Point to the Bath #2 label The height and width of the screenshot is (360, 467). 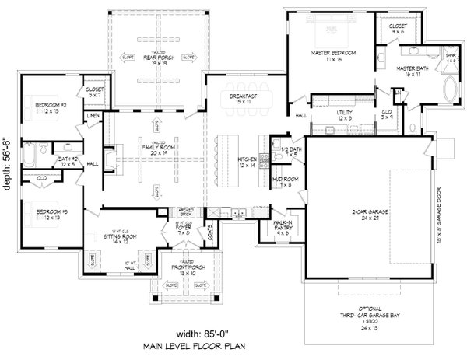68,162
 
